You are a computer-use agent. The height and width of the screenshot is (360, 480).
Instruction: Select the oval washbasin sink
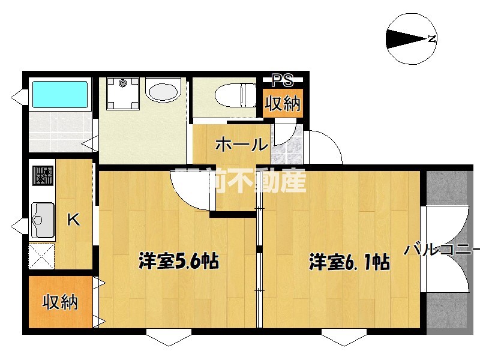[x=162, y=93]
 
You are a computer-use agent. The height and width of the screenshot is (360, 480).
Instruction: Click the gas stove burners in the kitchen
[x=43, y=176]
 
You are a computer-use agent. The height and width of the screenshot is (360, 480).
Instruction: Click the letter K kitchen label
[x=73, y=220]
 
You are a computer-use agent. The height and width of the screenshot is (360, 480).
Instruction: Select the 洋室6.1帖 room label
[x=350, y=262]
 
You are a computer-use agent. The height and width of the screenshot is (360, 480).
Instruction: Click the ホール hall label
[x=240, y=145]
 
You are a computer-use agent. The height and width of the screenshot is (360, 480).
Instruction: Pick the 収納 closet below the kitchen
[x=60, y=302]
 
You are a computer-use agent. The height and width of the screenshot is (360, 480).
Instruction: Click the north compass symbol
[x=412, y=38]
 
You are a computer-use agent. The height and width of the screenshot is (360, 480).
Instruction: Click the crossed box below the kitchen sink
[x=42, y=256]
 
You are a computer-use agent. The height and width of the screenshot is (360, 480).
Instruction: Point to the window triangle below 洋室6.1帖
[x=344, y=338]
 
